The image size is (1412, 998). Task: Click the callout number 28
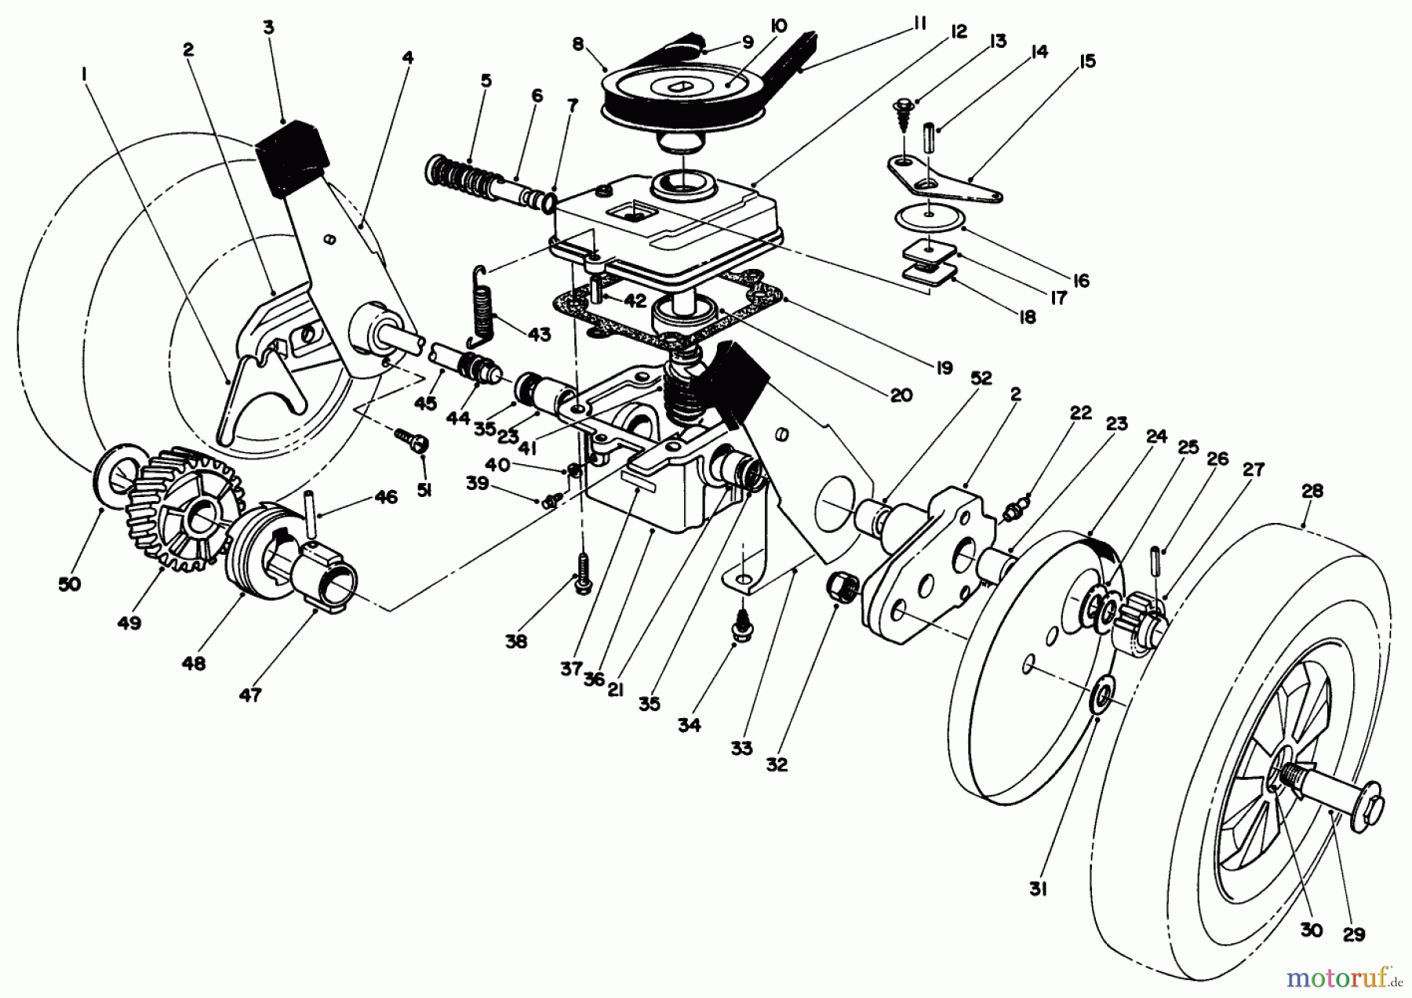(1312, 492)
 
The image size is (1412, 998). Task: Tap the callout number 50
(70, 584)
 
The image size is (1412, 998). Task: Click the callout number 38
(516, 642)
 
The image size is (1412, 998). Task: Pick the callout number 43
(539, 334)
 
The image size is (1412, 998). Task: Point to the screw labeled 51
(412, 441)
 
